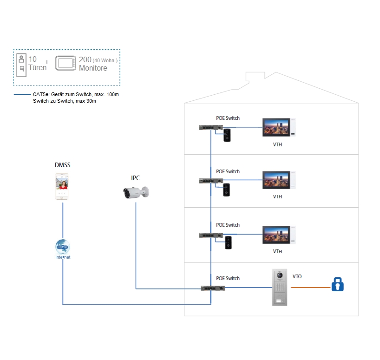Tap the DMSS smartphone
point(62,186)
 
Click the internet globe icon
point(62,247)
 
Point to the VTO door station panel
point(280,287)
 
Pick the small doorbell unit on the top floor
point(228,135)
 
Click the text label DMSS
point(62,165)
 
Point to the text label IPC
point(136,178)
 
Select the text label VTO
point(297,276)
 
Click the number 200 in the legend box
point(85,59)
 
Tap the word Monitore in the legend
point(93,68)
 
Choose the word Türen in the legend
point(37,68)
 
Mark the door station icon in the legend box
point(21,65)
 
